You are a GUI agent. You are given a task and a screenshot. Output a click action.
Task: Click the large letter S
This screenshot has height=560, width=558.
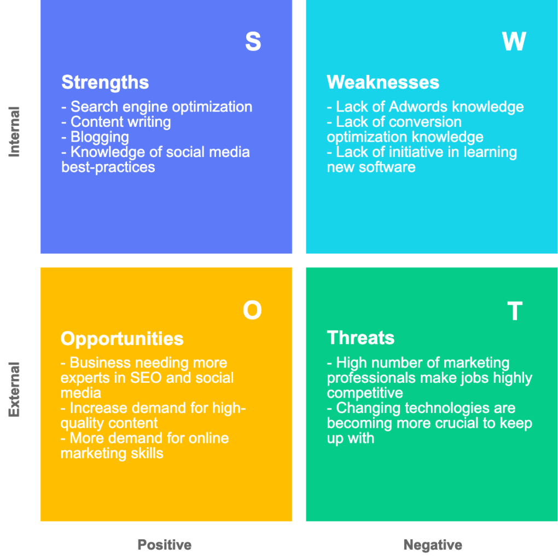[253, 42]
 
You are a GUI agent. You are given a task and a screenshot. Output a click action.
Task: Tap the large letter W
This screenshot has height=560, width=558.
[514, 42]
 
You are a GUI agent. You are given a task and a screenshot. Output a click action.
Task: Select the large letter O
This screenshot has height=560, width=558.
[252, 311]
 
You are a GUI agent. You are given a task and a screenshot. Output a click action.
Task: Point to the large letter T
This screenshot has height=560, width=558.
[514, 311]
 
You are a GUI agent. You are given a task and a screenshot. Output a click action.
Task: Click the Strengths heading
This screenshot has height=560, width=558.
[105, 83]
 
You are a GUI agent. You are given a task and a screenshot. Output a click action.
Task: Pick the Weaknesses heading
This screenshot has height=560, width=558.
[383, 83]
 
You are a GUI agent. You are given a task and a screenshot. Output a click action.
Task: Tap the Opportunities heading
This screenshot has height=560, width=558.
[122, 339]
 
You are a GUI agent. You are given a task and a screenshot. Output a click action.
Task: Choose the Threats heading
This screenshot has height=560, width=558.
[361, 338]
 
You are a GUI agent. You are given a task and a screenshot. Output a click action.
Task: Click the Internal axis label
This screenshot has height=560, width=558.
[14, 132]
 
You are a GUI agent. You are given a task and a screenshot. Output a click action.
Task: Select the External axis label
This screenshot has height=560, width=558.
[14, 389]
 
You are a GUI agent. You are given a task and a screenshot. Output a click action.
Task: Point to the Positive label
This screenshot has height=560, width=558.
[165, 545]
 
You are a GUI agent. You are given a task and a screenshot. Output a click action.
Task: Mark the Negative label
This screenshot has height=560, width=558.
[433, 545]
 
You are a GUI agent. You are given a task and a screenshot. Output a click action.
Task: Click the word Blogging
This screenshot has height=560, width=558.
[100, 137]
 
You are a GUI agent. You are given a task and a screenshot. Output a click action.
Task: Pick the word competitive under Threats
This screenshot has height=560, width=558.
[365, 393]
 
